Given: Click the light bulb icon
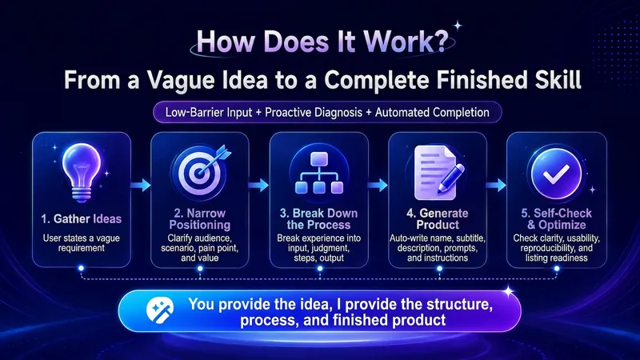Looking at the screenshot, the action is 82,173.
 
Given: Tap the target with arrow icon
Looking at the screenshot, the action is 201,173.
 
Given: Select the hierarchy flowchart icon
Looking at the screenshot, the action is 318,173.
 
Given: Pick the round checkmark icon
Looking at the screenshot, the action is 556,174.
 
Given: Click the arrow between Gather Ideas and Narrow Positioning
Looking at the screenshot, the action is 141,186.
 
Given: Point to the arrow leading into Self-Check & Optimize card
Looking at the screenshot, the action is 496,186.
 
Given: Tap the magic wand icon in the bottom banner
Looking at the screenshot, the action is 160,310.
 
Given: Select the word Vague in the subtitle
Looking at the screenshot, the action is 181,80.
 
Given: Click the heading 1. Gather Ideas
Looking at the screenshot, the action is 82,219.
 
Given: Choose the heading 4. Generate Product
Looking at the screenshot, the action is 438,219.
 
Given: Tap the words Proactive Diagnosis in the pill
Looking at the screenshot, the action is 314,112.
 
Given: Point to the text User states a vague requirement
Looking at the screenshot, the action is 82,243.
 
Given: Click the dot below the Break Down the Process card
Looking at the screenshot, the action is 320,269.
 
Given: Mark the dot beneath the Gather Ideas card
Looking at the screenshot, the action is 82,268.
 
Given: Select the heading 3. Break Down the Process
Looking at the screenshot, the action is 318,219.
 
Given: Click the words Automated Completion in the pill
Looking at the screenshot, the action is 432,112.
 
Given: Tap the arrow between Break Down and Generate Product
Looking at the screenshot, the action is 378,186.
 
